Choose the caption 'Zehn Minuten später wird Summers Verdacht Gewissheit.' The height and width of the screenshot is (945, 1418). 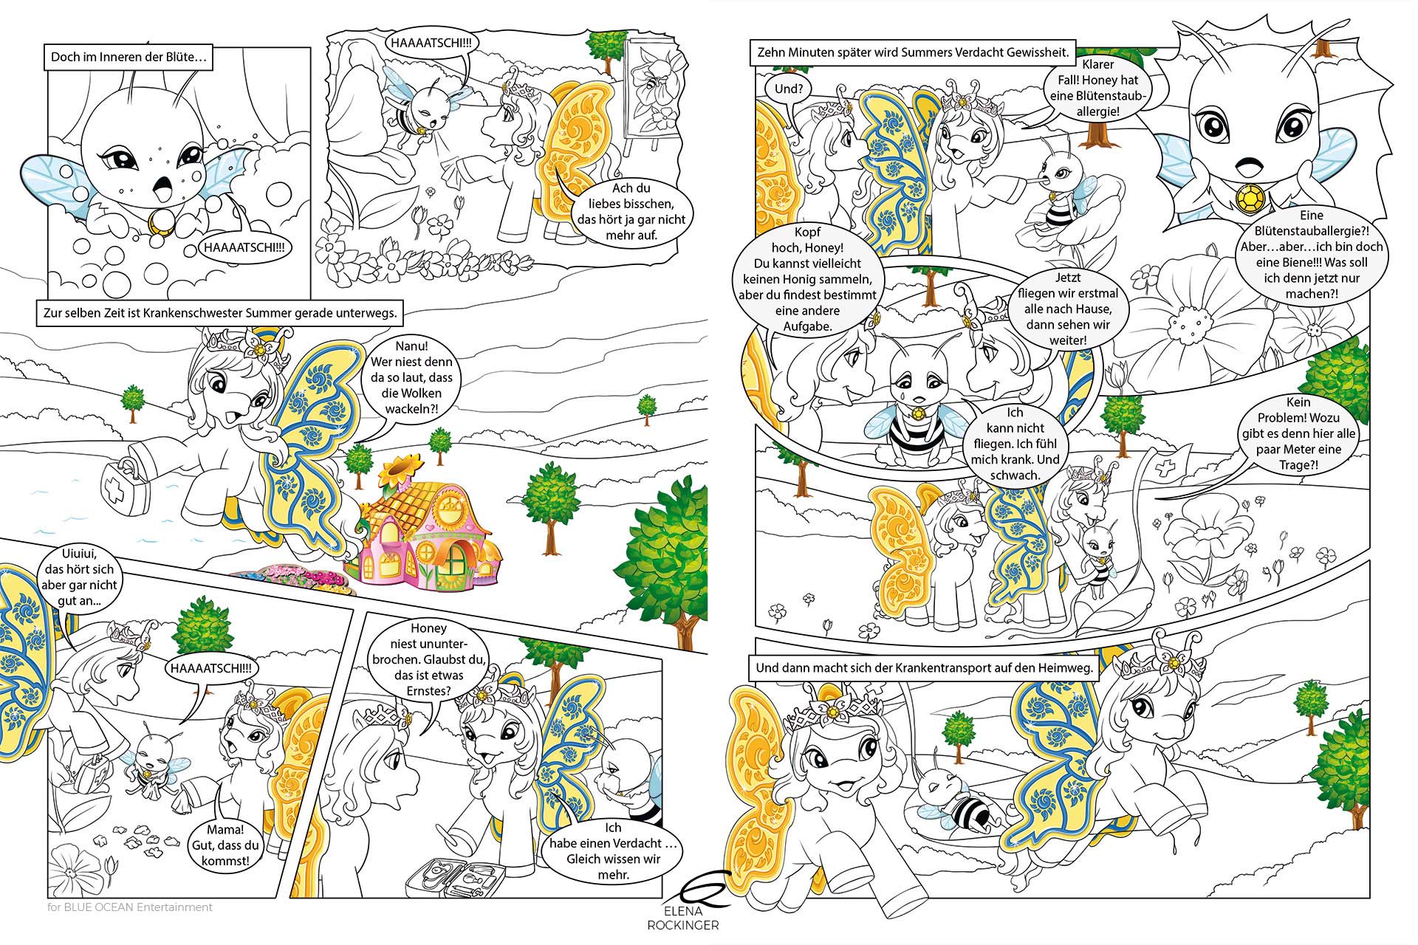(912, 52)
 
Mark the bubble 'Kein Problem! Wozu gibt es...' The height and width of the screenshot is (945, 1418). (1298, 433)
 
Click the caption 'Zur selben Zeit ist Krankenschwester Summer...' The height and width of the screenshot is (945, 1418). (219, 313)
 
